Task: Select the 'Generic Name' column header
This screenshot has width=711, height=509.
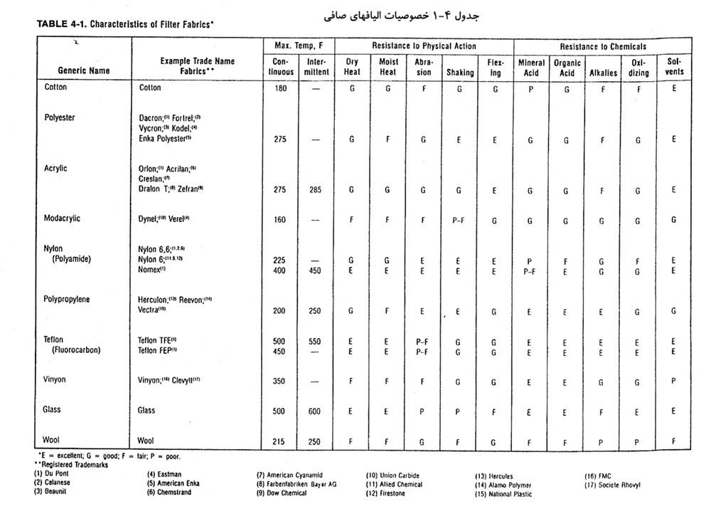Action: tap(83, 70)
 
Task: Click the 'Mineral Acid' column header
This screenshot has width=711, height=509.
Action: tap(530, 66)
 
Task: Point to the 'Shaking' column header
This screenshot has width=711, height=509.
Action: tap(459, 72)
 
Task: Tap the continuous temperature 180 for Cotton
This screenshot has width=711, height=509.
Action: tap(279, 88)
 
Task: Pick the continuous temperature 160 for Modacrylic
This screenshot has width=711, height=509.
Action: tap(279, 220)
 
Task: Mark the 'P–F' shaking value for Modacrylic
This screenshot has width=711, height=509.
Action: tap(459, 220)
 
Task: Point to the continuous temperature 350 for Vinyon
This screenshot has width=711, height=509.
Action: tap(279, 381)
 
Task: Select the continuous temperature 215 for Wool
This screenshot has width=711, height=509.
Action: tap(279, 441)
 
